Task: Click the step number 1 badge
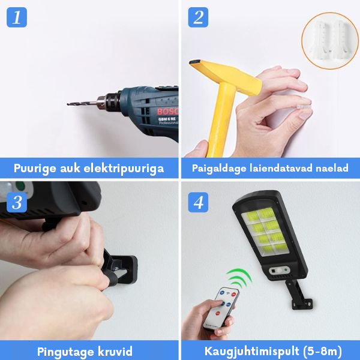pyautogui.click(x=17, y=17)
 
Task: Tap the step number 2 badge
pyautogui.click(x=198, y=17)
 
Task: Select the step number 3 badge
pyautogui.click(x=17, y=202)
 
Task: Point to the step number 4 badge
pyautogui.click(x=198, y=202)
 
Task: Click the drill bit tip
pyautogui.click(x=68, y=104)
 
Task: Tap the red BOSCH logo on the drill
pyautogui.click(x=167, y=112)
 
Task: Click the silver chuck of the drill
pyautogui.click(x=101, y=102)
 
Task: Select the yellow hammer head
pyautogui.click(x=226, y=76)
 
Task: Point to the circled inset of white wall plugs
pyautogui.click(x=330, y=41)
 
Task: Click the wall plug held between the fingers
pyautogui.click(x=303, y=107)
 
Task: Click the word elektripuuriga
pyautogui.click(x=124, y=169)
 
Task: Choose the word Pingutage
pyautogui.click(x=65, y=352)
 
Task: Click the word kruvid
pyautogui.click(x=115, y=351)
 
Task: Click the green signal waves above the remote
pyautogui.click(x=239, y=278)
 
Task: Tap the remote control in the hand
pyautogui.click(x=221, y=308)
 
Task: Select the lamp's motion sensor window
pyautogui.click(x=279, y=271)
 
